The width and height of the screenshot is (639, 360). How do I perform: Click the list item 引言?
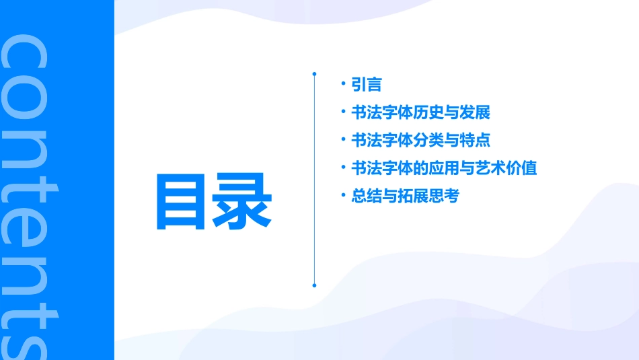(367, 85)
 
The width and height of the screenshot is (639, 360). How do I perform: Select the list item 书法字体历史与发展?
(420, 112)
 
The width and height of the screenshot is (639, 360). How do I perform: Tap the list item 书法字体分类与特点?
(420, 141)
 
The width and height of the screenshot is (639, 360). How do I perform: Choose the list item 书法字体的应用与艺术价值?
(444, 168)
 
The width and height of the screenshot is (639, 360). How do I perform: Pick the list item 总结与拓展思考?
(405, 196)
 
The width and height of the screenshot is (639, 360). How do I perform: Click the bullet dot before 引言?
(343, 84)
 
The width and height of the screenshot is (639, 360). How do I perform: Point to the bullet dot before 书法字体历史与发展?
(343, 112)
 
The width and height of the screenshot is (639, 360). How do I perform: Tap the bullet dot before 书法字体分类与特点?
(343, 140)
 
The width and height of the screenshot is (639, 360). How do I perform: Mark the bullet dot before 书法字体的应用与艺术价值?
(343, 168)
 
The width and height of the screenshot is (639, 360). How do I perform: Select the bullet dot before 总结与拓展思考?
(343, 196)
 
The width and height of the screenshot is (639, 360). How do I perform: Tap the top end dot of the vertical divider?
(314, 73)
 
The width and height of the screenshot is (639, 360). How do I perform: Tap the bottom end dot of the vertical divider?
(314, 285)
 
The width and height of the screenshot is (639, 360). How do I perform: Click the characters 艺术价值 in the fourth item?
(514, 168)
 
